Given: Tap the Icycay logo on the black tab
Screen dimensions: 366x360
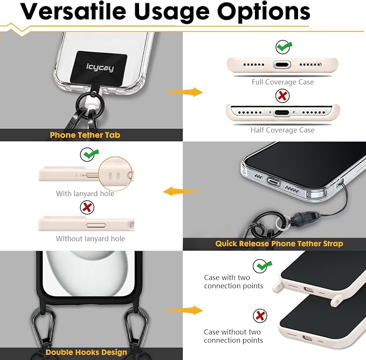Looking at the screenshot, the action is click(100, 67).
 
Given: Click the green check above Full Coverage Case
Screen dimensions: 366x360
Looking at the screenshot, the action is click(284, 47).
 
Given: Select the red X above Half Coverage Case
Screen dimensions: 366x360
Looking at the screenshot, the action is click(282, 95).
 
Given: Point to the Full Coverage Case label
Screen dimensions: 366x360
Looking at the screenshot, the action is click(282, 82).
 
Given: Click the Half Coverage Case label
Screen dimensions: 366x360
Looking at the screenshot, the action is click(282, 130).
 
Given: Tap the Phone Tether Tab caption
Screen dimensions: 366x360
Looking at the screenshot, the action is click(85, 135).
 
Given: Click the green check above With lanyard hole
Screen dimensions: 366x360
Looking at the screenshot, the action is click(89, 154).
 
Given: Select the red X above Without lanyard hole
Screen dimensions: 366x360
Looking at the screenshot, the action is click(87, 207).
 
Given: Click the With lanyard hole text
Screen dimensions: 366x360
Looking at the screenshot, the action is click(85, 193).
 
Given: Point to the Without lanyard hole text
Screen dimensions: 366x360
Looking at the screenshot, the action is click(91, 238).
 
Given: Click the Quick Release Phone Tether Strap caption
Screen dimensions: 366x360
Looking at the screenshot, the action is click(279, 244).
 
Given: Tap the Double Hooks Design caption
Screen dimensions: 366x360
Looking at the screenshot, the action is click(86, 352).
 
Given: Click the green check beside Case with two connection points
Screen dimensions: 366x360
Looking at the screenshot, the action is click(262, 266).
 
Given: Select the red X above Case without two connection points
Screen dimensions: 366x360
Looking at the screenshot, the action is click(260, 316).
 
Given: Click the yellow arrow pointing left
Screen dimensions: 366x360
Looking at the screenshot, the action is click(183, 191).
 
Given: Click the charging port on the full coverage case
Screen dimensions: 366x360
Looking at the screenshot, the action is click(282, 65).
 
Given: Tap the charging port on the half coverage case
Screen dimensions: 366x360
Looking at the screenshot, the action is click(282, 113).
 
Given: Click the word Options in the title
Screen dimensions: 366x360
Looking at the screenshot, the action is click(264, 12).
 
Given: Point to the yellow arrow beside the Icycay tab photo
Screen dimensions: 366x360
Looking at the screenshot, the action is click(184, 92).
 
